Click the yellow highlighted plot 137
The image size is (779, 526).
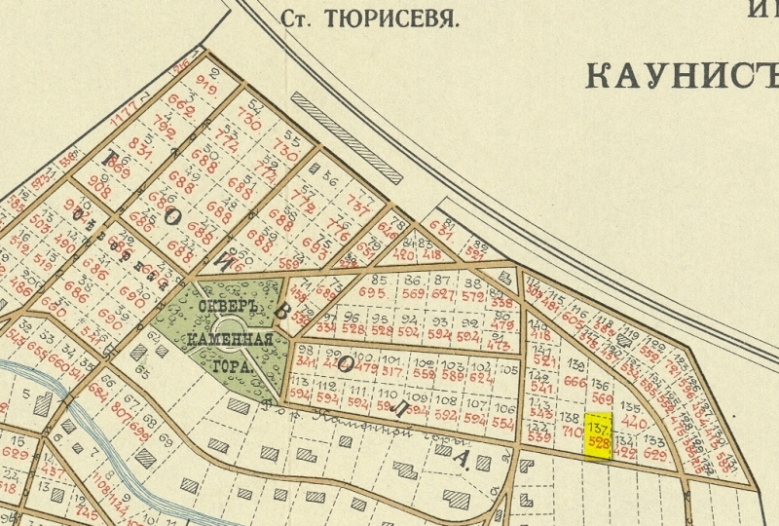pyautogui.click(x=598, y=435)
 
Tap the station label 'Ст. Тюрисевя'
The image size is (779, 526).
pyautogui.click(x=368, y=18)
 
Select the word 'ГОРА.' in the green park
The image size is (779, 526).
pyautogui.click(x=232, y=369)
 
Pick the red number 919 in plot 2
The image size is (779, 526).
pyautogui.click(x=205, y=80)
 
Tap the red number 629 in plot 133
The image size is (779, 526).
pyautogui.click(x=654, y=453)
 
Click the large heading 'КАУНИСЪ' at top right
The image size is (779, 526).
pyautogui.click(x=682, y=73)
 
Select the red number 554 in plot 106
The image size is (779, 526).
pyautogui.click(x=502, y=423)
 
